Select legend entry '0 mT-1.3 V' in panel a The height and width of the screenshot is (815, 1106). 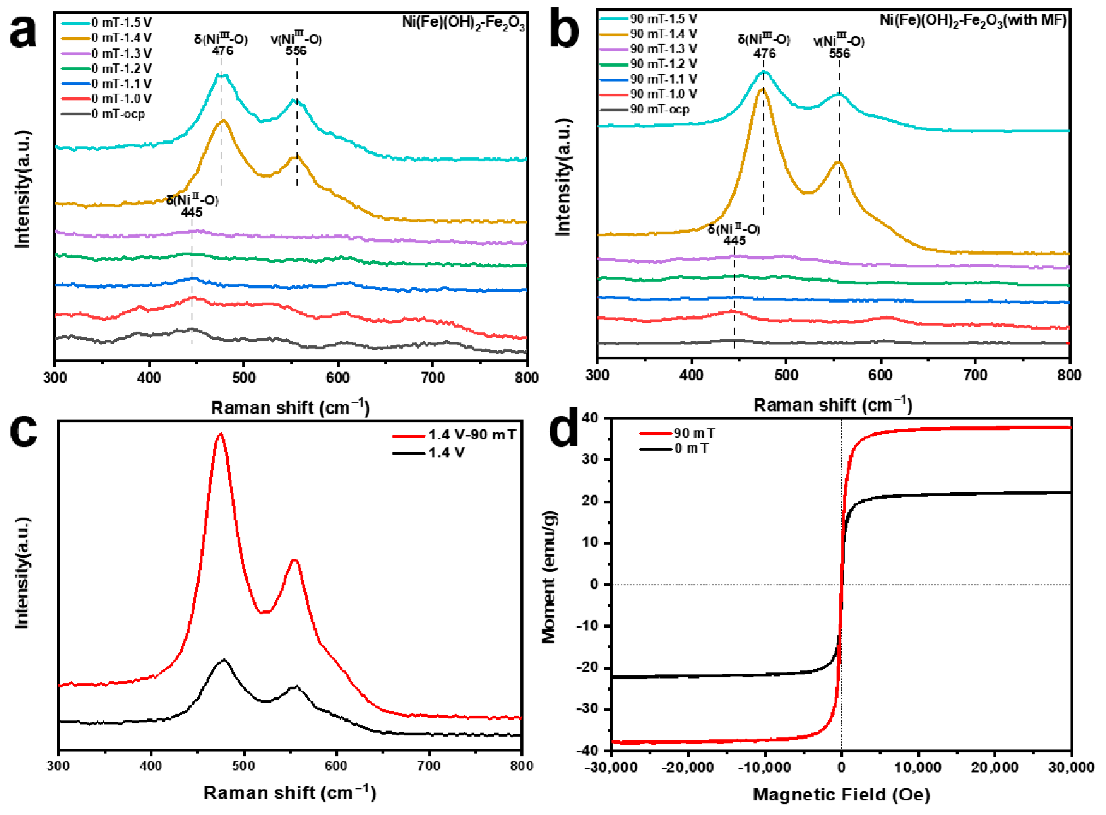(121, 53)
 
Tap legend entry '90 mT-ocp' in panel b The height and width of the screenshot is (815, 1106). (659, 109)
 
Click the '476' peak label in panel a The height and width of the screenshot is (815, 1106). (222, 51)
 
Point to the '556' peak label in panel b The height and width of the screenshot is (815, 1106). (839, 53)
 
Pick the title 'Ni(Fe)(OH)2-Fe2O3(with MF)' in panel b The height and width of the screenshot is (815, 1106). (973, 21)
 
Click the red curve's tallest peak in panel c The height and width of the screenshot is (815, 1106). (220, 434)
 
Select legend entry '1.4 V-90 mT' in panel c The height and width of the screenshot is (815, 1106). (471, 435)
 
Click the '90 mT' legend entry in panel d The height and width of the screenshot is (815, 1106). (694, 433)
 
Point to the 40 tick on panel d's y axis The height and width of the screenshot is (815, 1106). (591, 418)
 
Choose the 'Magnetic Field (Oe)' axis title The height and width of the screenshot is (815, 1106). (841, 794)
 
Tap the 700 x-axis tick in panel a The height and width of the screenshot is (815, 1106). (433, 378)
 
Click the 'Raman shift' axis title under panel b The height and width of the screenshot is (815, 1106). (832, 405)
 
